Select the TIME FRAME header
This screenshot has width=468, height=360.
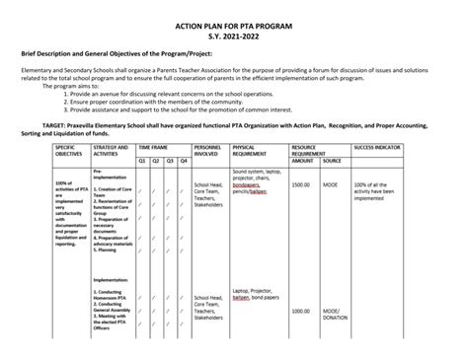point(152,146)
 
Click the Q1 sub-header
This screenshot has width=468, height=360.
point(142,160)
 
